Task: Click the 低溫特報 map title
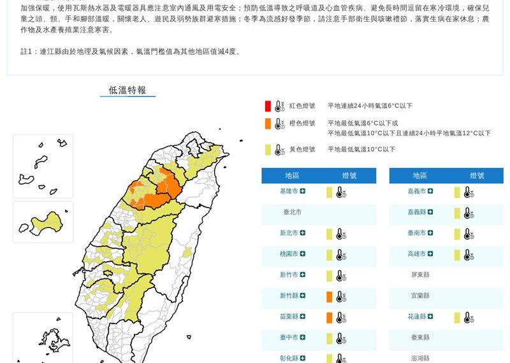tap(127, 90)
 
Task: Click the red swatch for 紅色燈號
tap(268, 106)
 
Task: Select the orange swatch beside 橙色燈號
tap(268, 124)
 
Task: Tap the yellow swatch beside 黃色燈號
tap(268, 150)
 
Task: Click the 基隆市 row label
tap(289, 192)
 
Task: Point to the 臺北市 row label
tap(292, 212)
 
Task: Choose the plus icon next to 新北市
tap(303, 233)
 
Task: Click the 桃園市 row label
tap(289, 254)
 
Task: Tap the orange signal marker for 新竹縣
tap(330, 296)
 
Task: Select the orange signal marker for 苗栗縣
tap(330, 317)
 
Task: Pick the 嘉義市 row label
tap(416, 192)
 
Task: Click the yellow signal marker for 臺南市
tap(457, 234)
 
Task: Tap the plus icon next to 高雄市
tap(430, 254)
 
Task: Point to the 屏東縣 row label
tap(420, 275)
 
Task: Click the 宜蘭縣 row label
tap(420, 296)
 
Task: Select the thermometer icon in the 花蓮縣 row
tap(469, 317)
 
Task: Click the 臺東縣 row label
tap(420, 338)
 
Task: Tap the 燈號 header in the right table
tap(477, 176)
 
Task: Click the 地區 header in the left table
tap(292, 176)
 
